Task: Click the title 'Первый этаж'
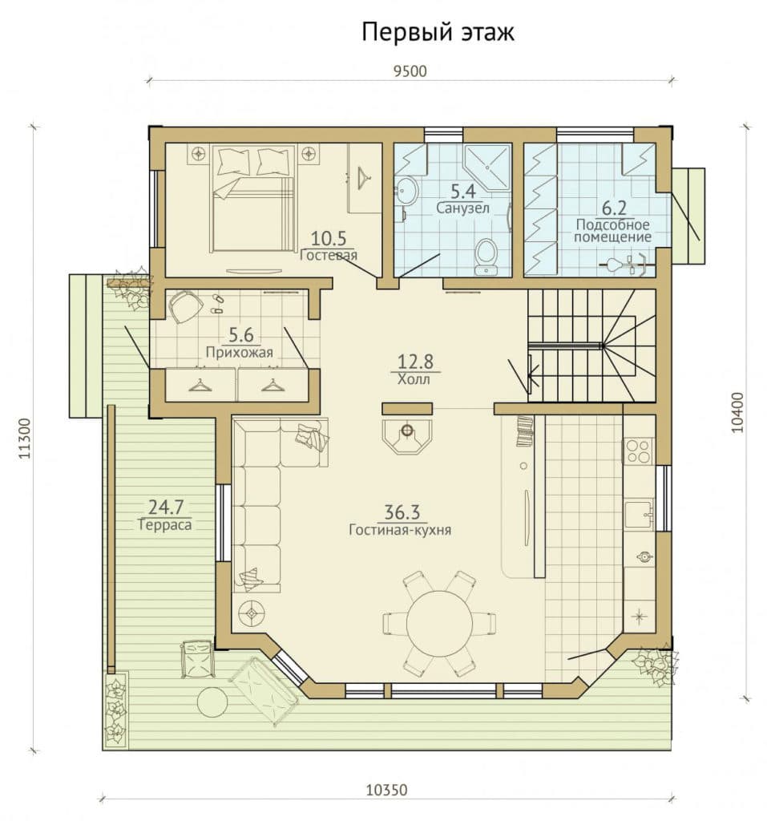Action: click(x=438, y=32)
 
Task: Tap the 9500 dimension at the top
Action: click(x=410, y=71)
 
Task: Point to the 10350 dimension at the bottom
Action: click(x=386, y=790)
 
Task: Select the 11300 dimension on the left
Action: click(x=24, y=439)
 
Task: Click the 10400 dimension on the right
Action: click(x=737, y=412)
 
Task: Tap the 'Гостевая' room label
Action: click(x=329, y=255)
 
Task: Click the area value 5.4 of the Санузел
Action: click(x=462, y=192)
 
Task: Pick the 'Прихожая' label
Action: click(x=240, y=353)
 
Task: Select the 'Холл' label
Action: click(x=414, y=379)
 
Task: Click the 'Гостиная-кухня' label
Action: click(x=400, y=530)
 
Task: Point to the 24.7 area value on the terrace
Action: click(x=166, y=507)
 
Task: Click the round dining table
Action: click(x=438, y=623)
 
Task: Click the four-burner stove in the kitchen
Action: click(x=638, y=451)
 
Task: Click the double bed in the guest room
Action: click(x=252, y=199)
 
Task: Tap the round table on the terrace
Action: click(x=212, y=701)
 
